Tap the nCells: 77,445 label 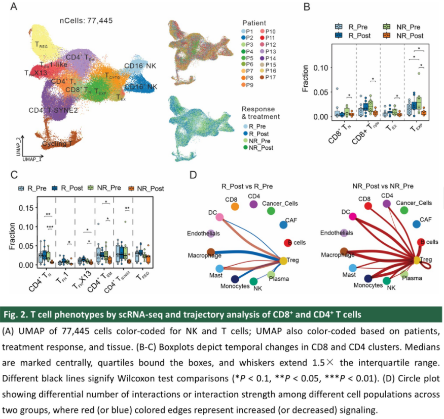click(85, 21)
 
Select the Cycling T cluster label click(58, 144)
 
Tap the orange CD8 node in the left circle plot click(235, 206)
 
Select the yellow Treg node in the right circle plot click(416, 260)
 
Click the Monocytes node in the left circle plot click(234, 279)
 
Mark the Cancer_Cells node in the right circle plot click(403, 210)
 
